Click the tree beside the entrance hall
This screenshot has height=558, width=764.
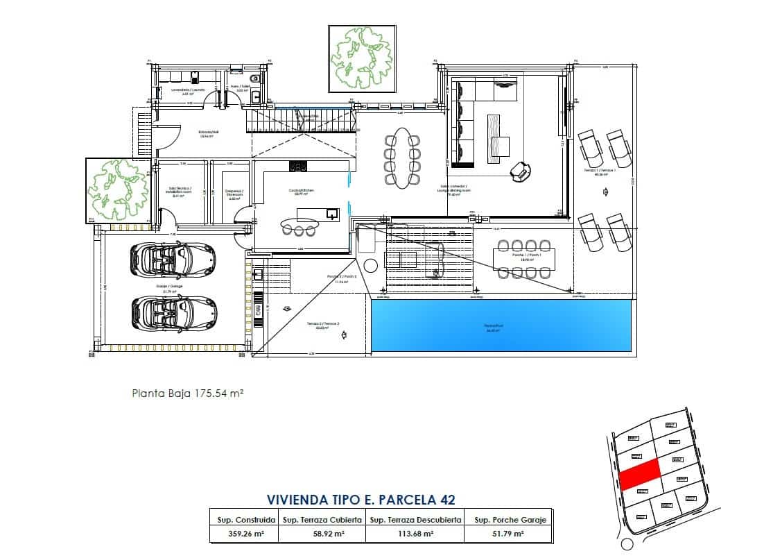click(x=118, y=190)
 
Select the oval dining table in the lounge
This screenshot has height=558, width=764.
click(x=402, y=157)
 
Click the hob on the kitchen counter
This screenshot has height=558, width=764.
click(x=298, y=166)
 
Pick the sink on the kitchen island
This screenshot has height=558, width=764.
click(x=331, y=213)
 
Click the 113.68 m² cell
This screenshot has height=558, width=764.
click(x=415, y=534)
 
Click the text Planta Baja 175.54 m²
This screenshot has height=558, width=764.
click(x=187, y=393)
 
